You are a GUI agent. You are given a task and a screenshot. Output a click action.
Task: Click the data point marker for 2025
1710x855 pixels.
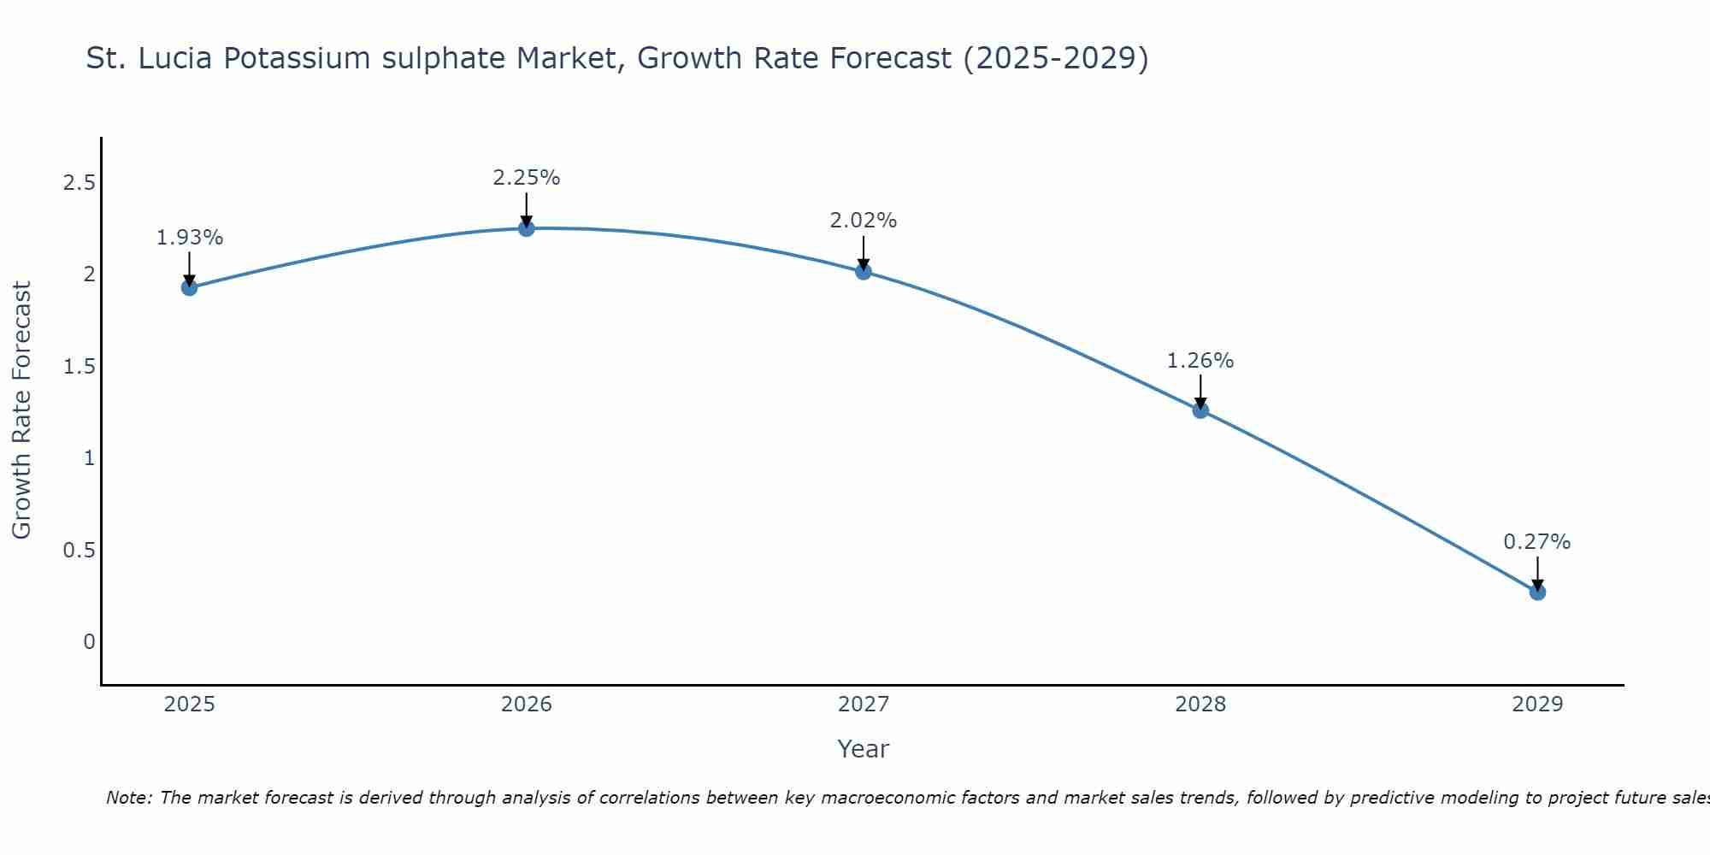(190, 287)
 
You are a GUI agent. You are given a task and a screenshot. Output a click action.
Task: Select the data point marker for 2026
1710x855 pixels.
(527, 228)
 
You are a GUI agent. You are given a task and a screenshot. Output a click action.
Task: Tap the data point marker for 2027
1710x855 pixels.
(864, 272)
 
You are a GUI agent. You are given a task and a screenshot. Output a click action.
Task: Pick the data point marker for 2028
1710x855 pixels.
(1200, 410)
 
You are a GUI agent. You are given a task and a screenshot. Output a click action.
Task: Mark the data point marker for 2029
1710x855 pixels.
(1537, 592)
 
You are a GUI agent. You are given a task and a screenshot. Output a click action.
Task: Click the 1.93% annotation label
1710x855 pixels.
(190, 238)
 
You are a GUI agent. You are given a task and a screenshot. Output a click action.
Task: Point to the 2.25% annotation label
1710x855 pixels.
(527, 178)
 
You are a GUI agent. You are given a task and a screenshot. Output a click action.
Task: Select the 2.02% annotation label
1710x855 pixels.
(864, 221)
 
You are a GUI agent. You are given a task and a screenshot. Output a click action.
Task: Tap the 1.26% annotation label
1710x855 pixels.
(1200, 361)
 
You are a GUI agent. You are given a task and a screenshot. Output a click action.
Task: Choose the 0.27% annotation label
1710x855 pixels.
(1537, 542)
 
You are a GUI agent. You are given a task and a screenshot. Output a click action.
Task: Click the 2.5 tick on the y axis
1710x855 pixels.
(80, 183)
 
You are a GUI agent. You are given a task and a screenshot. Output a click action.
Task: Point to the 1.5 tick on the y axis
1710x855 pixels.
(80, 367)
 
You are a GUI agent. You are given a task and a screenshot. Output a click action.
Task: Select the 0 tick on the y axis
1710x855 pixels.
(89, 642)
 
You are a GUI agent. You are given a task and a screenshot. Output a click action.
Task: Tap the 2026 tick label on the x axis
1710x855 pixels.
(527, 705)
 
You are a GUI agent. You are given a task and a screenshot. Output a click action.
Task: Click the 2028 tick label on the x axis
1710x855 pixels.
(1200, 705)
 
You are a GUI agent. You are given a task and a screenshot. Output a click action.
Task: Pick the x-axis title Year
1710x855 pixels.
(864, 749)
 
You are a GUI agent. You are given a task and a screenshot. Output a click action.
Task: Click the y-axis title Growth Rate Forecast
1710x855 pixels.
(22, 410)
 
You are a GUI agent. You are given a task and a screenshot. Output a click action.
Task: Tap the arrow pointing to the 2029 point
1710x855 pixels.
(1537, 575)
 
